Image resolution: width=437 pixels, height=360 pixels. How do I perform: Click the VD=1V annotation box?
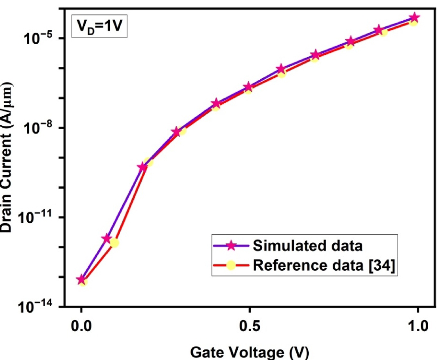99,26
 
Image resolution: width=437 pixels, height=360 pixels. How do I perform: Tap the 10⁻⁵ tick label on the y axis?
38,38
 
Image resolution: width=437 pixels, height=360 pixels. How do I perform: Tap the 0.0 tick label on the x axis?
81,326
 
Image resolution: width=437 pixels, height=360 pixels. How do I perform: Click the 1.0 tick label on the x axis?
418,326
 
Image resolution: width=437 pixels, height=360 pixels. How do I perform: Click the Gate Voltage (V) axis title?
249,352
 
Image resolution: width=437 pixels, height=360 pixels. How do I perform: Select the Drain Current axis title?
7,157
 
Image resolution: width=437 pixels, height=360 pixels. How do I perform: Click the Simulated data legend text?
307,246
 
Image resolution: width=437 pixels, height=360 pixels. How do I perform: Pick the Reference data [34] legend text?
324,265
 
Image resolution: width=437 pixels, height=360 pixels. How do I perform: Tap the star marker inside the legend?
231,246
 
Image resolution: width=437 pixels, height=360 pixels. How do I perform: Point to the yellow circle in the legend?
231,265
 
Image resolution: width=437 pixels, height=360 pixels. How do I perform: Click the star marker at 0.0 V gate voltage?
82,280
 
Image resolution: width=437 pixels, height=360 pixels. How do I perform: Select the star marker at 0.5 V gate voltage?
249,86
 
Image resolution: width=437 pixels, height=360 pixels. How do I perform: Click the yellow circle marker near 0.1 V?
114,242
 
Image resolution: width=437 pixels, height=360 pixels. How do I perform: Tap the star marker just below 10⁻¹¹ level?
107,238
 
